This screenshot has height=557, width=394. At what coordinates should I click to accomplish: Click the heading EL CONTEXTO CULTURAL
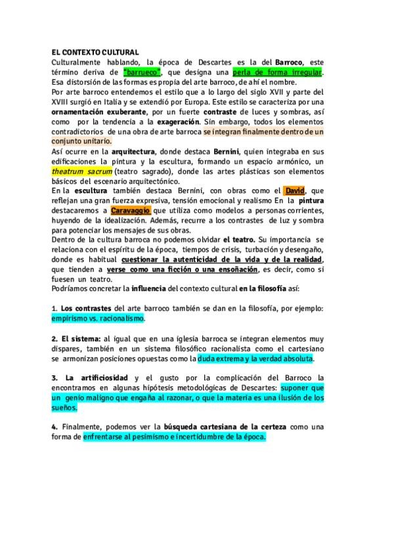tap(95, 52)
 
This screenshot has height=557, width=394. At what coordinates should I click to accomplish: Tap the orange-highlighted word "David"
tap(295, 191)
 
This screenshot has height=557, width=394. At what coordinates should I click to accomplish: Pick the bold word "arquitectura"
tap(115, 152)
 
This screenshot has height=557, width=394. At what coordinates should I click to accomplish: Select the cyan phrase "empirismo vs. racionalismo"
tap(98, 318)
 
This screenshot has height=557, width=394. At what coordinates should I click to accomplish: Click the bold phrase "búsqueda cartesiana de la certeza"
tap(217, 427)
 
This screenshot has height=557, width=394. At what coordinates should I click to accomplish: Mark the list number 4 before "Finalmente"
tap(54, 427)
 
